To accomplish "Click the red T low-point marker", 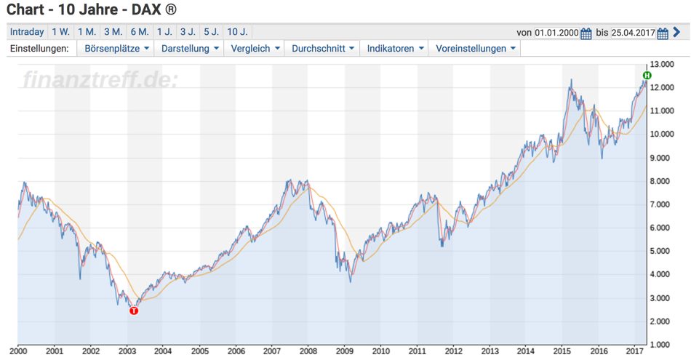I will click(133, 311).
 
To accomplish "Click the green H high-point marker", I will click(647, 76).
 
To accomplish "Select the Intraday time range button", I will click(27, 32).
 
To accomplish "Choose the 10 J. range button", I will click(237, 32).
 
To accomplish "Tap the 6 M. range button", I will click(139, 32).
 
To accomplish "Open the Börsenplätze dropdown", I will click(118, 49).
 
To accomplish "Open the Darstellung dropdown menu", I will click(191, 49).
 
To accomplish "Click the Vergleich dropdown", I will click(255, 49).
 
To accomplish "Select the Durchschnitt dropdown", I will click(323, 49).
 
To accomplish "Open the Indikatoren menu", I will click(396, 49).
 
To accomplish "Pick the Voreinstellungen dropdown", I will click(476, 49).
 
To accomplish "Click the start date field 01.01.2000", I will click(556, 33).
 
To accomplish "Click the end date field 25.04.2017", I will click(634, 33).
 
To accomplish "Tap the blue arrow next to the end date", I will click(677, 33).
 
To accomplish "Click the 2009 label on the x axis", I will click(344, 350).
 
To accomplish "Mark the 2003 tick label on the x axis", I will click(127, 350).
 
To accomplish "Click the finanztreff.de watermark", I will click(100, 79).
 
